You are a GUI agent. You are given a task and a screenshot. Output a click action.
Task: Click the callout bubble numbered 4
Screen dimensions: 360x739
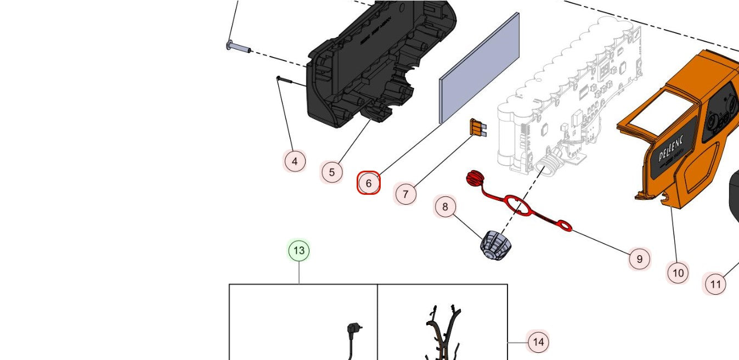tap(295, 161)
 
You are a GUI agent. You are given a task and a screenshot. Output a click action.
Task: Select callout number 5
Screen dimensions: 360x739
tap(332, 172)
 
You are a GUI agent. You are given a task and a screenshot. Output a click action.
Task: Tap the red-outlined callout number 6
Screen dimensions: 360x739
tap(369, 183)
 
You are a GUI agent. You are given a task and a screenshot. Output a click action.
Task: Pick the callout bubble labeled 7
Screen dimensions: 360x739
tap(405, 194)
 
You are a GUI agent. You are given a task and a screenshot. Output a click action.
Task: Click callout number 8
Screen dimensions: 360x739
tap(445, 207)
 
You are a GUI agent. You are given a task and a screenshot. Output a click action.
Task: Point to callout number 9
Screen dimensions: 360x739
tap(639, 258)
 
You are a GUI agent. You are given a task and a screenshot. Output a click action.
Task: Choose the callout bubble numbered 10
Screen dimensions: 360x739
tap(678, 272)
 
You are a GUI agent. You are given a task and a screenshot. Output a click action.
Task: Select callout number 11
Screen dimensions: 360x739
tap(715, 284)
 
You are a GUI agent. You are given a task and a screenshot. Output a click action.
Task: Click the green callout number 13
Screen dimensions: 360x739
tap(299, 251)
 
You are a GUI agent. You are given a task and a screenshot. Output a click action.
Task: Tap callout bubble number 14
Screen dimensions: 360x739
tap(538, 342)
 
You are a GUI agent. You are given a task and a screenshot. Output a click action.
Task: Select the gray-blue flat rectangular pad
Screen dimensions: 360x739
tap(479, 68)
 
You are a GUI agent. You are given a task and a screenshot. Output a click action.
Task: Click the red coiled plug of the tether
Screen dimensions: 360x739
tap(474, 178)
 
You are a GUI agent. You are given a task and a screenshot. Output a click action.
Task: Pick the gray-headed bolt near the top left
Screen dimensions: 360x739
tap(238, 47)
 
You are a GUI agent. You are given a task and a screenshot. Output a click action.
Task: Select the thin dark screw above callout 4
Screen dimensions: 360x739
tap(289, 81)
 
